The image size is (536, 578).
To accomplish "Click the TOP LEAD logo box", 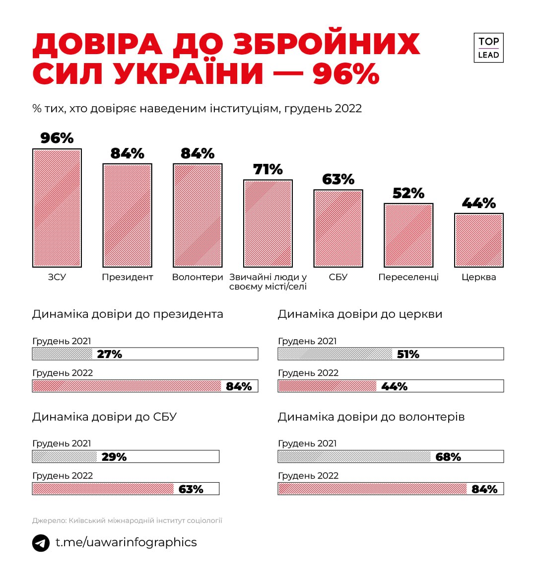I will (x=488, y=48).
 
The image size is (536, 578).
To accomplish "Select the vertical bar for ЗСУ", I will (x=57, y=208).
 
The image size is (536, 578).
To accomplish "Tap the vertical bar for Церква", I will (x=479, y=240).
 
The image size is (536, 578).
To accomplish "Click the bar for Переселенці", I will (x=408, y=235).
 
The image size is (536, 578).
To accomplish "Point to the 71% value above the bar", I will (x=268, y=169).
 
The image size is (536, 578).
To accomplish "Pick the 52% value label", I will (x=408, y=193).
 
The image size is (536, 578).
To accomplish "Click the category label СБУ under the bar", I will (x=338, y=277).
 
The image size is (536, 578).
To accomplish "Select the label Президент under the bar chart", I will (x=128, y=277).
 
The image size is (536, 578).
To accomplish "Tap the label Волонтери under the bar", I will (x=198, y=277).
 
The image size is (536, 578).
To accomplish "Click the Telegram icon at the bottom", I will (x=41, y=543).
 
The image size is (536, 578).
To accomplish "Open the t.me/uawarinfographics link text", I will (x=126, y=542).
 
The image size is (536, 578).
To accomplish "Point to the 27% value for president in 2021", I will (x=110, y=354).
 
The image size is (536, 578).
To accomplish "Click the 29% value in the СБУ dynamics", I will (x=114, y=457).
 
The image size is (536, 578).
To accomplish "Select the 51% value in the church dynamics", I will (x=408, y=354).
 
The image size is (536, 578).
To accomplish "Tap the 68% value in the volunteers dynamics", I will (x=448, y=457).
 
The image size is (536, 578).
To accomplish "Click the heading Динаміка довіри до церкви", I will (x=360, y=314).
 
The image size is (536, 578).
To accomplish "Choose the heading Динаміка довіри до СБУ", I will (x=104, y=417).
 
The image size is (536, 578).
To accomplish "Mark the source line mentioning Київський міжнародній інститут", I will (x=127, y=520).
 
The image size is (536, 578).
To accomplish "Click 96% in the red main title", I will (x=346, y=73).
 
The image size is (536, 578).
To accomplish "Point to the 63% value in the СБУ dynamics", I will (x=191, y=489).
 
